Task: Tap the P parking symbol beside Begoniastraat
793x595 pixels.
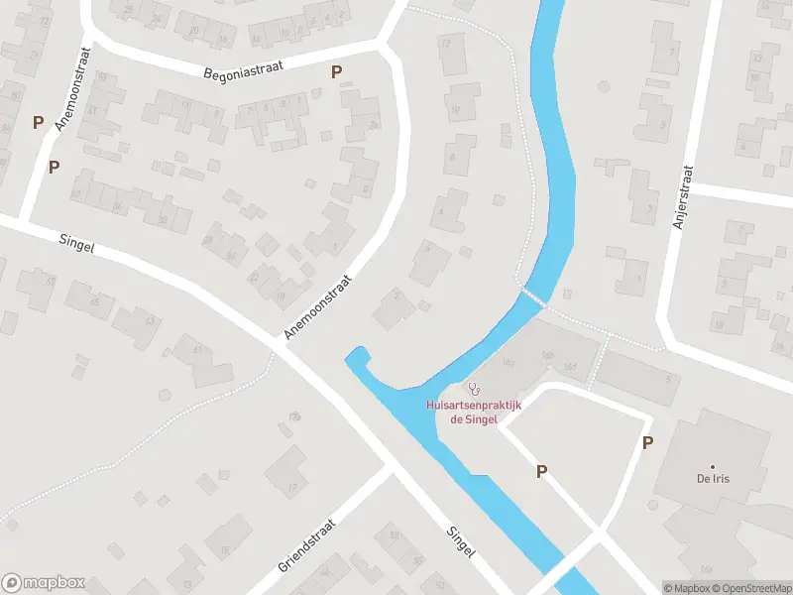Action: pos(337,71)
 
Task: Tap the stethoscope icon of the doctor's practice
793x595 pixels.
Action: pos(475,388)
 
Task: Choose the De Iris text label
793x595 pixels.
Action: pos(712,478)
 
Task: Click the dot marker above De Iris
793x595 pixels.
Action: pos(712,465)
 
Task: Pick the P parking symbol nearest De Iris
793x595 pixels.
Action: pos(647,443)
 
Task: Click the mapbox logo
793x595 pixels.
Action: pos(44,583)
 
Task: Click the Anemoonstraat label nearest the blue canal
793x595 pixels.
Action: pos(318,307)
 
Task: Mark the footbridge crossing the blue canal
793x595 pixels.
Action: pos(534,297)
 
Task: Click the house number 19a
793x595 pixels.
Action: pos(293,416)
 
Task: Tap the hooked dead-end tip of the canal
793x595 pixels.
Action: pos(357,353)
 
